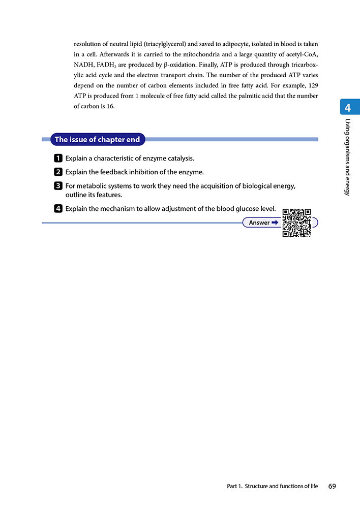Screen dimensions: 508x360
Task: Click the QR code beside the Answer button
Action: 296,223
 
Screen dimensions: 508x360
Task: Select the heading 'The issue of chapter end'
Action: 97,139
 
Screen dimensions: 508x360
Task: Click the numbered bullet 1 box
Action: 58,158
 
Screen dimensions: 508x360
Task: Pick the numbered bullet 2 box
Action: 58,172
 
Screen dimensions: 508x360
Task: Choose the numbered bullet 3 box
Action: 58,186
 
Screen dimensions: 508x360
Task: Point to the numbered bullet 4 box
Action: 58,209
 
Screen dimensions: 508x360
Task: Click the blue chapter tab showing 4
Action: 347,108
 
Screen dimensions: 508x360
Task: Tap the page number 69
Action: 332,486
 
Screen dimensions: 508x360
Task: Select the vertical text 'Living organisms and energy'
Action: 347,157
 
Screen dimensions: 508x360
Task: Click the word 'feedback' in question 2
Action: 102,172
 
